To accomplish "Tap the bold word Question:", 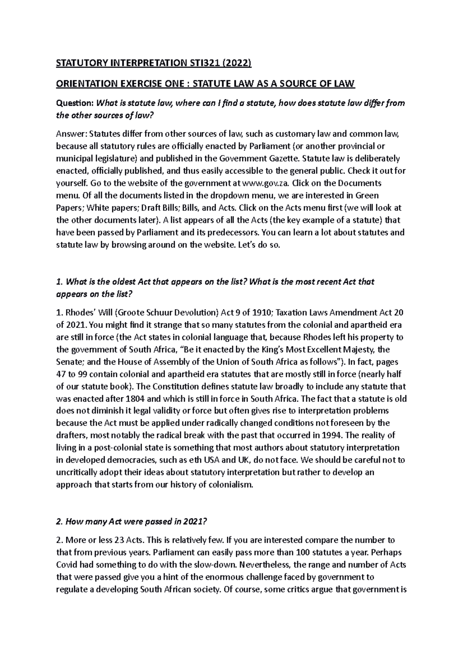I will coord(75,103).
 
